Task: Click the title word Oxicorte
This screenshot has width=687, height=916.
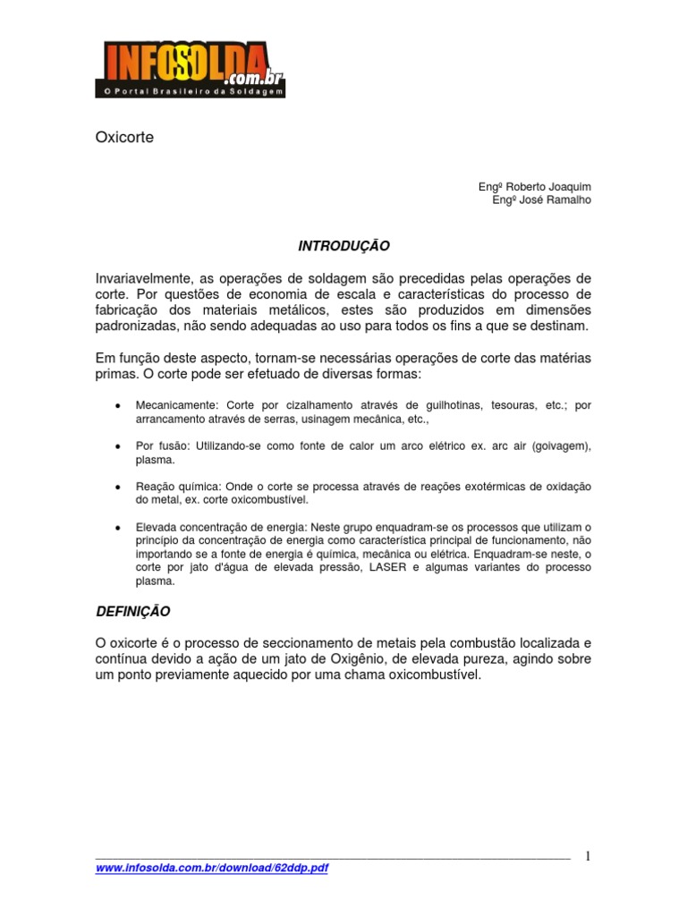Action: tap(124, 139)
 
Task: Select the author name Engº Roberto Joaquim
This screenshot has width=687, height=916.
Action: tap(535, 186)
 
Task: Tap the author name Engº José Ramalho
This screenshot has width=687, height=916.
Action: tap(542, 199)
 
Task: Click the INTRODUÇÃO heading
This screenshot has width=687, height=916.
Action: tap(343, 244)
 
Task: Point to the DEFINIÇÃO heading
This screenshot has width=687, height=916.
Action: tap(132, 612)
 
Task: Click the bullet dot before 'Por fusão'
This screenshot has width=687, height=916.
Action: tap(118, 445)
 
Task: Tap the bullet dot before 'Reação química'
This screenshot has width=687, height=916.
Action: tap(118, 486)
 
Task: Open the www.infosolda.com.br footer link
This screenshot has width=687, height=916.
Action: tap(212, 869)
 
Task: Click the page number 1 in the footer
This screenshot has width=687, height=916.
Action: tap(588, 856)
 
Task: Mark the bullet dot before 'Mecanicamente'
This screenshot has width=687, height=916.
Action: tap(118, 405)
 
